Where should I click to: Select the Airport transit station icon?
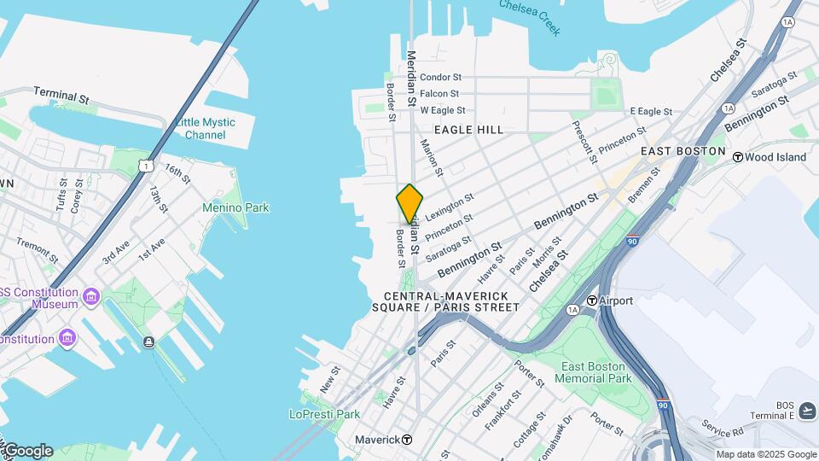click(591, 301)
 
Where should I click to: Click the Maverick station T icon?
click(407, 440)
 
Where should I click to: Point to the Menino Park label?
click(235, 207)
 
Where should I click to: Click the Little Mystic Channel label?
click(205, 129)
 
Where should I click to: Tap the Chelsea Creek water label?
click(530, 17)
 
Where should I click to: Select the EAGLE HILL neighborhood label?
click(468, 130)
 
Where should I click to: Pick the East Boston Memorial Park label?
click(596, 372)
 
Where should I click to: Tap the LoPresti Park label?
click(324, 414)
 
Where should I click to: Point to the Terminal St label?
click(61, 95)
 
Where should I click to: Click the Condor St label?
click(440, 77)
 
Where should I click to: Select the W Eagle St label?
click(442, 110)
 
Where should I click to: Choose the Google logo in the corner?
click(27, 451)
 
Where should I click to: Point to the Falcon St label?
click(439, 94)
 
